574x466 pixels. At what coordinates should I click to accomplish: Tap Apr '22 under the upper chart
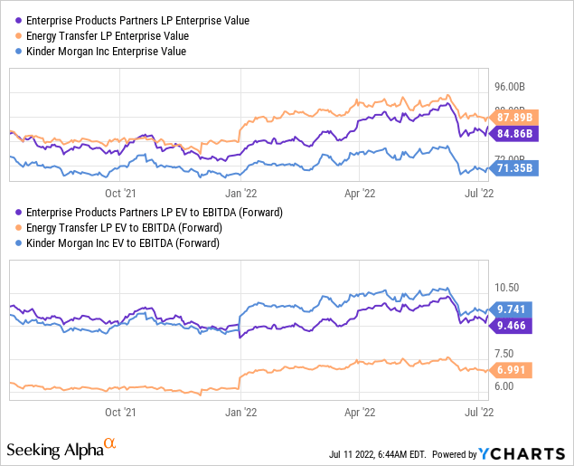click(x=362, y=193)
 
